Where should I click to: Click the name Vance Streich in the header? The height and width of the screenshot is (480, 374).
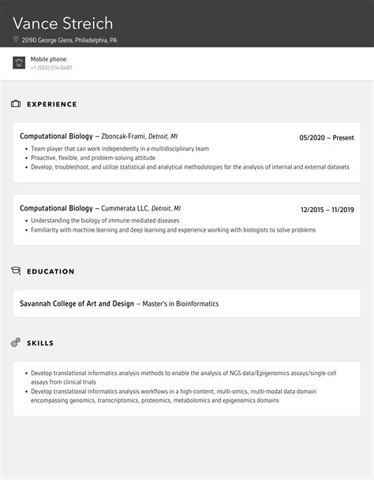63,23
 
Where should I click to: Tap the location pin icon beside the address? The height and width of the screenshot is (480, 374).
16,39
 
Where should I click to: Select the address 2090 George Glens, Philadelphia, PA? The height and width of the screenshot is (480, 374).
69,39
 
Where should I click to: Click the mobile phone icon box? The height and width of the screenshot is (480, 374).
19,63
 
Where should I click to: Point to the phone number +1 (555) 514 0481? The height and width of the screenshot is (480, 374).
51,68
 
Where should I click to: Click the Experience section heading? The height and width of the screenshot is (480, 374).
52,104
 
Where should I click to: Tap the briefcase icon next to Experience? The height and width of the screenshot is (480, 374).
16,104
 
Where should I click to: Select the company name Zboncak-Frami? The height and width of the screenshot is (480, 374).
123,136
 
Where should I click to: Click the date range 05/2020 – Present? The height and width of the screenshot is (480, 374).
327,137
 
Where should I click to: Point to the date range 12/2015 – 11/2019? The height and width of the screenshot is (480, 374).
327,210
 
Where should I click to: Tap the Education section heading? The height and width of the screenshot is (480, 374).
50,271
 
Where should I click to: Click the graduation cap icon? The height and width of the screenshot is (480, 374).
16,271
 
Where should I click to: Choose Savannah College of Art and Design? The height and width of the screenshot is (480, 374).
77,303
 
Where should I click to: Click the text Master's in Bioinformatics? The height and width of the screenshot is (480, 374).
181,303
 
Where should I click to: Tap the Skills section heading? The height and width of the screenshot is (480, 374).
40,343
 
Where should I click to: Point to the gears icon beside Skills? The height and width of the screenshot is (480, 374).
16,343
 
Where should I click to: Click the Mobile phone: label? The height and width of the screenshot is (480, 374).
49,59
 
